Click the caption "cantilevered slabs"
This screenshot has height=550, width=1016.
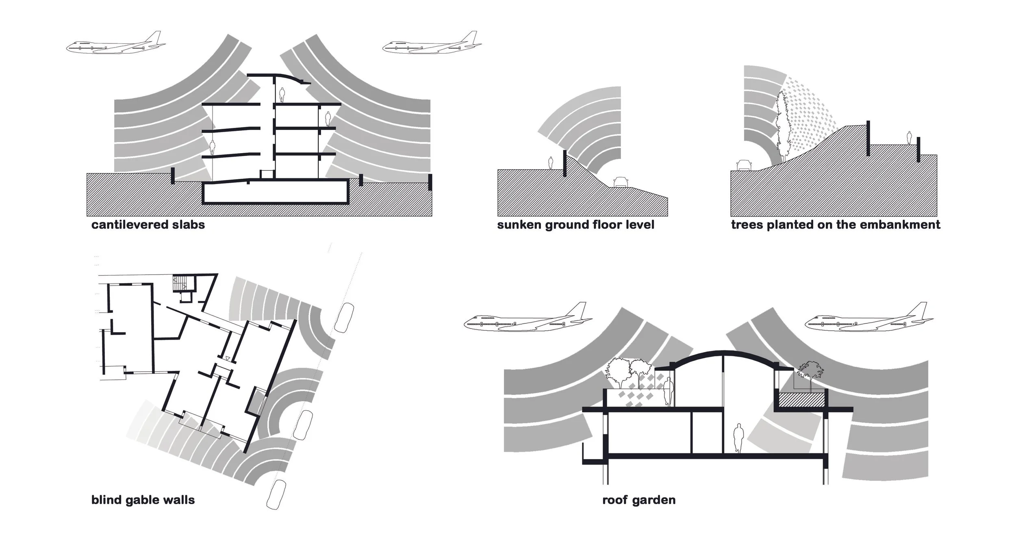point(148,225)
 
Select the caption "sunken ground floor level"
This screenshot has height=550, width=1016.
point(575,225)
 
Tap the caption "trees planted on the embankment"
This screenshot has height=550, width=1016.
point(836,225)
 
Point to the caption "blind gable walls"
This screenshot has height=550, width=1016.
point(143,500)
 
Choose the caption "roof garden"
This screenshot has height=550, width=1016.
point(639,500)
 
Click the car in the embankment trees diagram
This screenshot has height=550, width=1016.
point(745,165)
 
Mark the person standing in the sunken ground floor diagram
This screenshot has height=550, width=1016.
point(551,163)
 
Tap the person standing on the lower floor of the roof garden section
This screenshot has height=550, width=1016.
point(739,438)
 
